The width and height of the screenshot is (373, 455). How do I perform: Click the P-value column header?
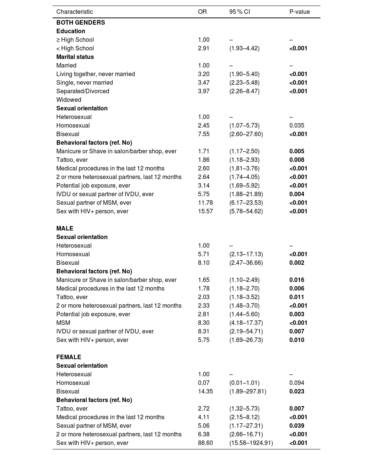(x=300, y=12)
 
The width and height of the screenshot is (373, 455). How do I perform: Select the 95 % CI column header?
(x=239, y=12)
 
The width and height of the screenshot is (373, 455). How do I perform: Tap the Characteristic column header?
(x=75, y=12)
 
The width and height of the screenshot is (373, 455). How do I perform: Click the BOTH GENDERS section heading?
(x=81, y=22)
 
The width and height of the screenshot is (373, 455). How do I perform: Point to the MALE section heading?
(x=65, y=228)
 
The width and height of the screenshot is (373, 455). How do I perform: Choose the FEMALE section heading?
(x=69, y=357)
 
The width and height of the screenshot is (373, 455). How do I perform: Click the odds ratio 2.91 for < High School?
(x=204, y=48)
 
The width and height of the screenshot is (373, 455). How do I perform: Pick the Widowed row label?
(x=69, y=100)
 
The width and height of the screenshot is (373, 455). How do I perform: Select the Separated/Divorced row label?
(x=83, y=91)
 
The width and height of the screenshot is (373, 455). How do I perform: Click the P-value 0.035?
(x=297, y=125)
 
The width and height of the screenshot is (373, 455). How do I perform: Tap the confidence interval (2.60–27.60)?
(x=246, y=134)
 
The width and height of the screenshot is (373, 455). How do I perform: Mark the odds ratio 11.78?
(x=205, y=203)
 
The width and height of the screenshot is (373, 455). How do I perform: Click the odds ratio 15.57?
(x=205, y=211)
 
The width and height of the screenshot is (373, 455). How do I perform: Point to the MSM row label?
(x=63, y=323)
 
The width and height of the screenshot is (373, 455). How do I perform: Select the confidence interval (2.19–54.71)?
(x=246, y=331)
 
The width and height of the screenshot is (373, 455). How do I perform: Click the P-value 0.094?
(x=297, y=383)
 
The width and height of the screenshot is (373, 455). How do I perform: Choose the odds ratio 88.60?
(x=205, y=443)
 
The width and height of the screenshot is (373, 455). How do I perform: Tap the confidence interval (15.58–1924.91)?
(x=251, y=443)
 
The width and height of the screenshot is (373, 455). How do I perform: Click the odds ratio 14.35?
(x=205, y=391)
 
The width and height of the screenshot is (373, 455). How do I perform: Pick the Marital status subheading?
(x=75, y=57)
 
